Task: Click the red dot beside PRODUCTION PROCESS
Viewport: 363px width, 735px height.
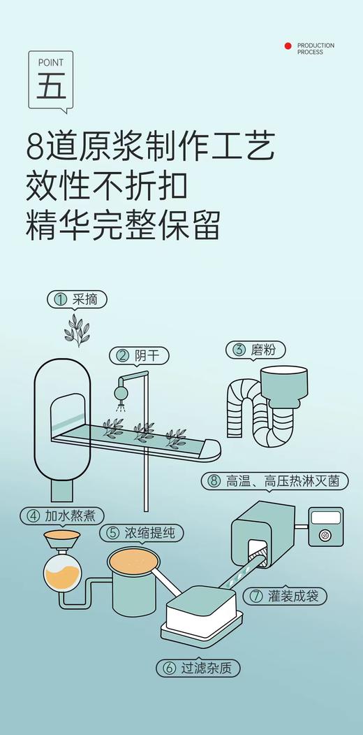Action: [x=288, y=46]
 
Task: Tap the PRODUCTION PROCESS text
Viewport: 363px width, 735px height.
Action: [x=316, y=48]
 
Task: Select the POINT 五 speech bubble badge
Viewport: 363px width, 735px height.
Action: [x=51, y=81]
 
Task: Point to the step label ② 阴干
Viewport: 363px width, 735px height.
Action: [x=139, y=355]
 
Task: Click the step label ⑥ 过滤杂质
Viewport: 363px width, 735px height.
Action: [x=198, y=668]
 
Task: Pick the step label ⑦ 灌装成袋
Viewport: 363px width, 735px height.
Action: [x=286, y=596]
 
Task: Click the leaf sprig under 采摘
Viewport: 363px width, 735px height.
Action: [x=77, y=330]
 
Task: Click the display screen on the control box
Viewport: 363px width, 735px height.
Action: [x=325, y=518]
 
